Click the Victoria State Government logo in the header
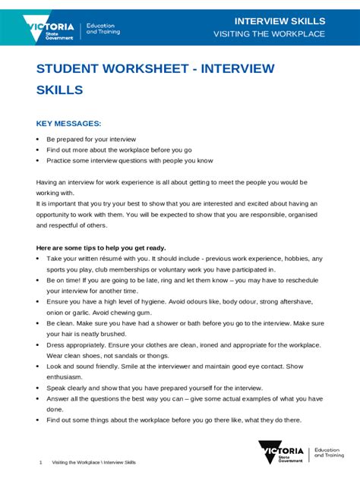click(52, 28)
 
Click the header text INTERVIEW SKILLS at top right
click(279, 20)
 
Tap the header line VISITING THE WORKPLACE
click(269, 34)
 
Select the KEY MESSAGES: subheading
click(68, 122)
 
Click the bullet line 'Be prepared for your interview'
click(90, 140)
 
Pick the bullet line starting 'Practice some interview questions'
click(129, 161)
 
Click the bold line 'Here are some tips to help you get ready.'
click(101, 247)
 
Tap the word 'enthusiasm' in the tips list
click(66, 376)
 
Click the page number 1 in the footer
click(39, 462)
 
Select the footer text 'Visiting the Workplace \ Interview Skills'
click(93, 462)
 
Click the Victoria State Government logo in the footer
click(280, 454)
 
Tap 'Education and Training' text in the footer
click(331, 453)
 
